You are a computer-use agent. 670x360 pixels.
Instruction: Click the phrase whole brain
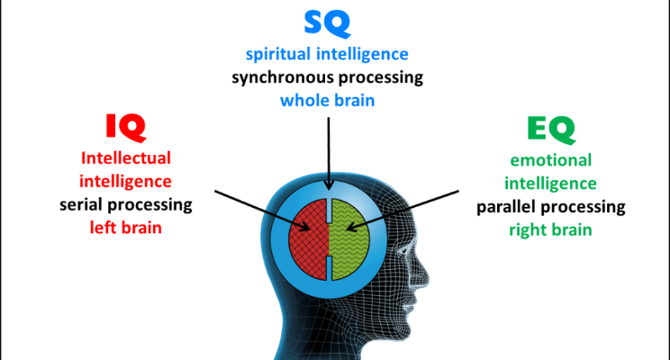[327, 100]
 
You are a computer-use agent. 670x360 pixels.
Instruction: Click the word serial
[80, 205]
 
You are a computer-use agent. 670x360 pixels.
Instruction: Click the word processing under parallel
[583, 208]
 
